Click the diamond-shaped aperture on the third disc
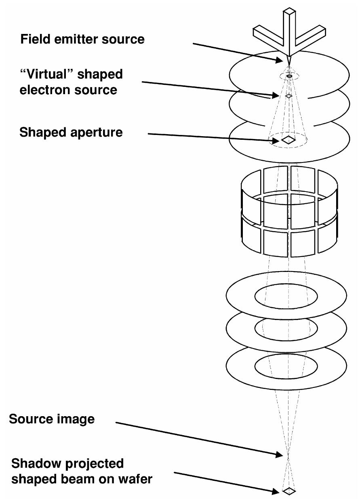pyautogui.click(x=288, y=140)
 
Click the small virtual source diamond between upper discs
pyautogui.click(x=288, y=96)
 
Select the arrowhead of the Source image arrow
pyautogui.click(x=280, y=455)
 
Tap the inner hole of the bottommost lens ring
pyautogui.click(x=286, y=365)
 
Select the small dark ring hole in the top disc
pyautogui.click(x=289, y=76)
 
